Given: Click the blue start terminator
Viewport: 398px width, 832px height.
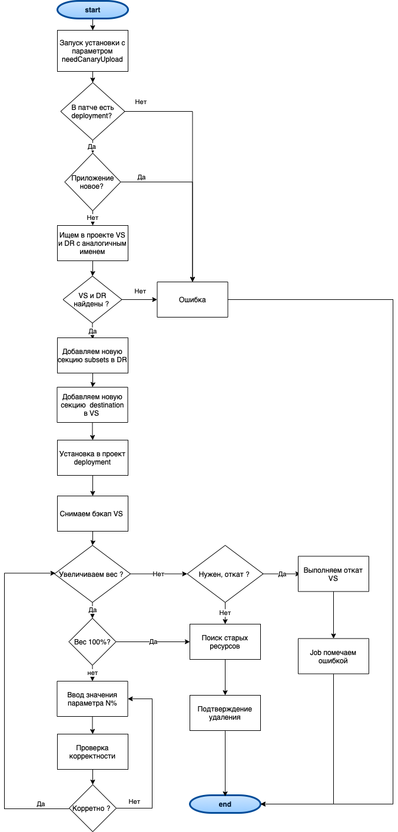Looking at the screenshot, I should pyautogui.click(x=92, y=9).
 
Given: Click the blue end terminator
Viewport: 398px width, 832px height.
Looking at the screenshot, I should pyautogui.click(x=225, y=804).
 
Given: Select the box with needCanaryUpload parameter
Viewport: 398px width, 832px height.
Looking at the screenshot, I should pyautogui.click(x=92, y=51).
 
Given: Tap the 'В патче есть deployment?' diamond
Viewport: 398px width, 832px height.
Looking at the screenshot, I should pyautogui.click(x=92, y=111).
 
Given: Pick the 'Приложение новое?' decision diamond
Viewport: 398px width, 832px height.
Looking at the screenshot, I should pyautogui.click(x=92, y=182).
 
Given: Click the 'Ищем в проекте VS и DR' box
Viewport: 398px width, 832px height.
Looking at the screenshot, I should pyautogui.click(x=92, y=243).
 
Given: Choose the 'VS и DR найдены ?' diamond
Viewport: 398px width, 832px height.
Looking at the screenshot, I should pyautogui.click(x=92, y=300).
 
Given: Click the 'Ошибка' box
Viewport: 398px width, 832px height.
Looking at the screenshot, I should pyautogui.click(x=193, y=300).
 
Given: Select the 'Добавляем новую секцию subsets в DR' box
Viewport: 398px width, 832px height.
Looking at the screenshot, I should pyautogui.click(x=92, y=355).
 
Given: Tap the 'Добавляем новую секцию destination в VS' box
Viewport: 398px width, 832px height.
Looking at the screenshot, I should pyautogui.click(x=92, y=405).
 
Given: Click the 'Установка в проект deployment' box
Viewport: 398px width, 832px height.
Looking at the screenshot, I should pyautogui.click(x=92, y=458).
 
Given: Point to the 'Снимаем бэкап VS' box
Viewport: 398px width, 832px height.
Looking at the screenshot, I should pyautogui.click(x=92, y=513).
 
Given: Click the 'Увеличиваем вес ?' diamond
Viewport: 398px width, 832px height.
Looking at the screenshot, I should pyautogui.click(x=92, y=574).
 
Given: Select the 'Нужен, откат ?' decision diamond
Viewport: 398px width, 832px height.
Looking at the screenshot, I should pyautogui.click(x=225, y=574).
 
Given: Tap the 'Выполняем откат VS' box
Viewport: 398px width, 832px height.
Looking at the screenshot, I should pyautogui.click(x=333, y=574).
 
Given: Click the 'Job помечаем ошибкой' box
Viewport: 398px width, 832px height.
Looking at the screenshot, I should pyautogui.click(x=333, y=656).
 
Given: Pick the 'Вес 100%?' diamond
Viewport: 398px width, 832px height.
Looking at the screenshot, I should pyautogui.click(x=92, y=641).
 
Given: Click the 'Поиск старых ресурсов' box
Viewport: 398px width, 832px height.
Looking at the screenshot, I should pyautogui.click(x=225, y=641).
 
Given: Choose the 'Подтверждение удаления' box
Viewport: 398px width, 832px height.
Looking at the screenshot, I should pyautogui.click(x=225, y=713).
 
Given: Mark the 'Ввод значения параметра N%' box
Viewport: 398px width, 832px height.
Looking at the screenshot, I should pyautogui.click(x=92, y=699).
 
